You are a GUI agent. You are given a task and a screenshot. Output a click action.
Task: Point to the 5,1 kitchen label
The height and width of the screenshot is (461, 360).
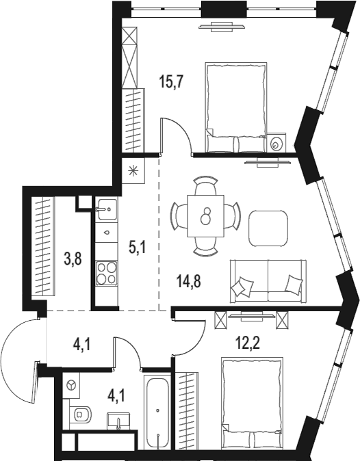138,246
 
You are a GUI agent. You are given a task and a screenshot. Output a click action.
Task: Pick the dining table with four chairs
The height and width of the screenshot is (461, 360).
205,216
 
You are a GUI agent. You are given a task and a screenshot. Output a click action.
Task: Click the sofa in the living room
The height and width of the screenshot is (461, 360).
267,280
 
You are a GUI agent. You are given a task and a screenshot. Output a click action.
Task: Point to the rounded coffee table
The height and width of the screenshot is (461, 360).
268,228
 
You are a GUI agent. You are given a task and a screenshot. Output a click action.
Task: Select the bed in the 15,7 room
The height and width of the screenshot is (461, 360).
235,108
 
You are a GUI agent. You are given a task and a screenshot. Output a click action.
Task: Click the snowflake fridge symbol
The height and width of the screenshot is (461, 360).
133,172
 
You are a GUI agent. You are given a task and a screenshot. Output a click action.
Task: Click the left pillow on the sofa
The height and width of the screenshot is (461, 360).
241,288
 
